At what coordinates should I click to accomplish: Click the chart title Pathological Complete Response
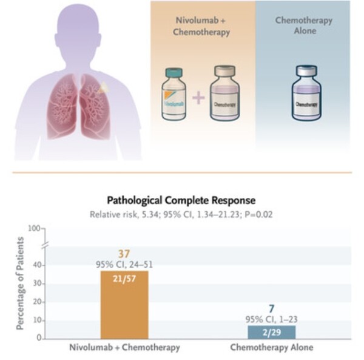tap(181, 200)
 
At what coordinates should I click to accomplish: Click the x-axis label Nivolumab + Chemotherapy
tap(124, 348)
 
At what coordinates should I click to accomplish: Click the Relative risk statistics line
tap(181, 214)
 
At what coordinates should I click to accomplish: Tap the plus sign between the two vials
tap(198, 97)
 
